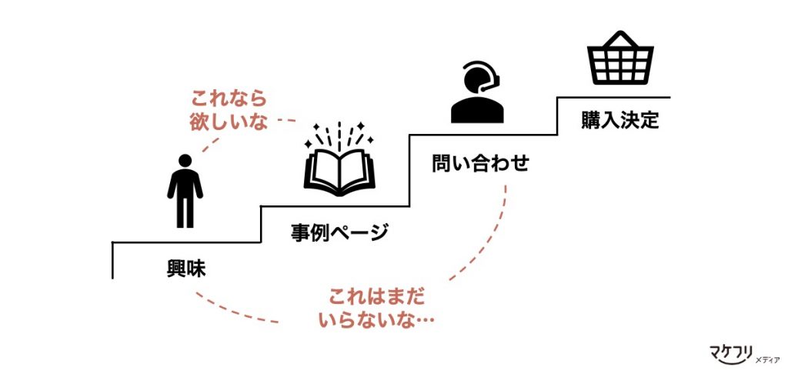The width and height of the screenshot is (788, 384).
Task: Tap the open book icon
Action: click(339, 169)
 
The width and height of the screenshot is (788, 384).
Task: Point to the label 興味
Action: click(188, 269)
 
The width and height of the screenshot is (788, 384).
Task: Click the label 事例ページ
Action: click(339, 232)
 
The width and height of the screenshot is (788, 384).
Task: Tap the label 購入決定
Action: click(620, 121)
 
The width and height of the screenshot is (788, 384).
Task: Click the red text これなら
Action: click(229, 99)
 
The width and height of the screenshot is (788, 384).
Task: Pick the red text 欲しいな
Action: click(229, 122)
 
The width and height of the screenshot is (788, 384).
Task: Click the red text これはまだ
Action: click(376, 296)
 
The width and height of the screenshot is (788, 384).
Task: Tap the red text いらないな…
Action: click(376, 320)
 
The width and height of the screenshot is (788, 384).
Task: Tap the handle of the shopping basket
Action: click(621, 38)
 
